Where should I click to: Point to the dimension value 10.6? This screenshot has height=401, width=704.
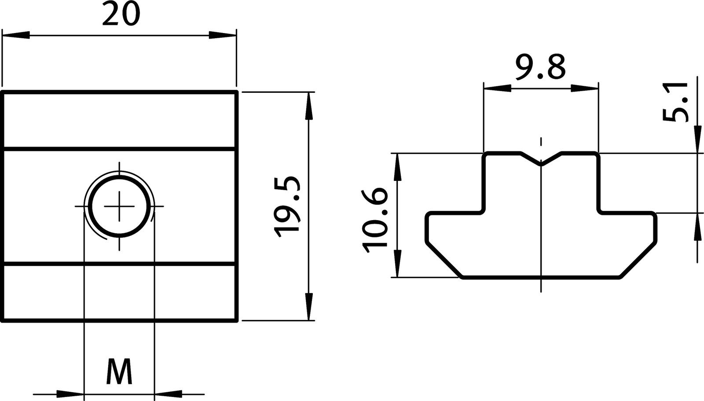[x=374, y=220]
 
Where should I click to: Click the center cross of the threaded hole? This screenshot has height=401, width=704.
[x=119, y=206]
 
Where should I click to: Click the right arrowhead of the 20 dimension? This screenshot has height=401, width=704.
[x=222, y=35]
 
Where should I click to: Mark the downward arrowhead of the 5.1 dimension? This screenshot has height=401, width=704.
[x=697, y=139]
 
